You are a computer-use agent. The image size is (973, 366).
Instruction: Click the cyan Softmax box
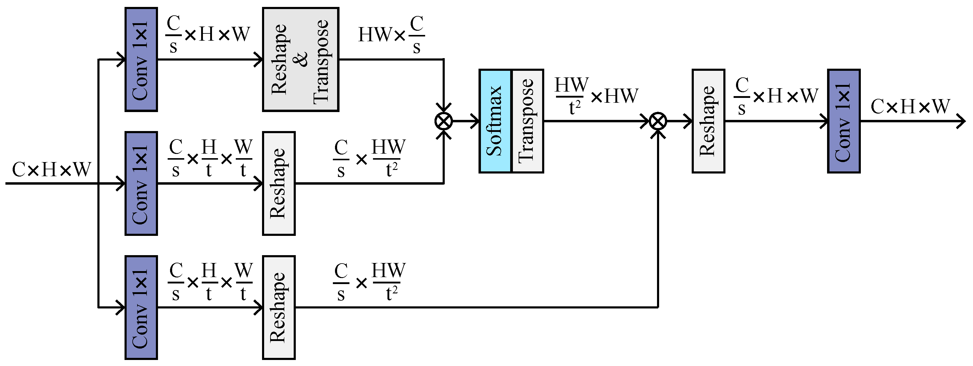tap(495, 121)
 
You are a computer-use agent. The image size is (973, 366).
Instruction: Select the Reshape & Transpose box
tap(300, 59)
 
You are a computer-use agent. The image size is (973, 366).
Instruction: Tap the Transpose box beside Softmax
tap(527, 121)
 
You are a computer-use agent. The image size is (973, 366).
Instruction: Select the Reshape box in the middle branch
tap(279, 183)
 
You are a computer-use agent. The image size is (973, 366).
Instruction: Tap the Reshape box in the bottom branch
tap(279, 308)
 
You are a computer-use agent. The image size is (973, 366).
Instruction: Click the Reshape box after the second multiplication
tap(708, 121)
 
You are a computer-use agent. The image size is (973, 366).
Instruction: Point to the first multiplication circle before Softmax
tap(444, 121)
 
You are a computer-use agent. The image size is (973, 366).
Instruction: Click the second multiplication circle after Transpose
tap(658, 121)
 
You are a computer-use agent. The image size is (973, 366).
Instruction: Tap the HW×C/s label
tap(391, 35)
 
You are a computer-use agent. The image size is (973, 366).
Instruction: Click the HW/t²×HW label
tap(596, 96)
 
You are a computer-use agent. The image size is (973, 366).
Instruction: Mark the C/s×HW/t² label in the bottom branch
tap(369, 283)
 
